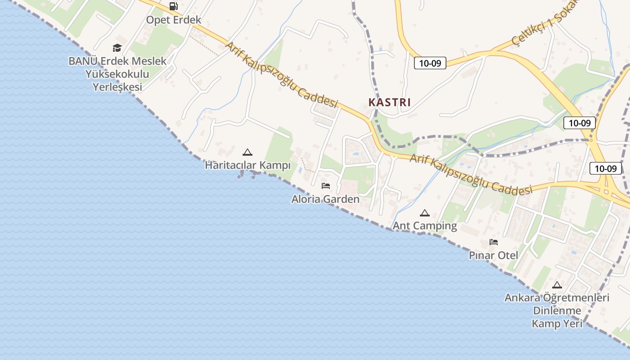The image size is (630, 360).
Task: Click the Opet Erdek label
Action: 173,20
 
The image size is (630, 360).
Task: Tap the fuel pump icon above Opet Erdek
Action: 173,6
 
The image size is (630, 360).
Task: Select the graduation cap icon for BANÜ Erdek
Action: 117,48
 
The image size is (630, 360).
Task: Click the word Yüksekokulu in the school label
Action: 117,74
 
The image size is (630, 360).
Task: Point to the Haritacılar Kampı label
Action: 247,166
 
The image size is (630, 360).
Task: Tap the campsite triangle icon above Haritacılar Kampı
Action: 247,152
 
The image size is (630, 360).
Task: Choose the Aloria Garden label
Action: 325,199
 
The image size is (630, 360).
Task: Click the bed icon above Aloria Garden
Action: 326,185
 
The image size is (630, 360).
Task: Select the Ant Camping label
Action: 425,225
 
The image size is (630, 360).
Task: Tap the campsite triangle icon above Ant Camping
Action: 424,213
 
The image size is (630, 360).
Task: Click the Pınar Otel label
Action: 493,256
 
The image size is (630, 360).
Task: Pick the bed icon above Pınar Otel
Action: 494,242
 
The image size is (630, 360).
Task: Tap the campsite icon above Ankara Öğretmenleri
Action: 557,285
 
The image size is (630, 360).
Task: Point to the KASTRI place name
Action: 390,102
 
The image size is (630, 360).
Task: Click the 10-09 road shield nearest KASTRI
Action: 430,63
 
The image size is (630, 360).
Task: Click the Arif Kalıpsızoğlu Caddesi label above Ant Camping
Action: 471,175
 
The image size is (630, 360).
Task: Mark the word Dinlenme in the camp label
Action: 557,310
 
